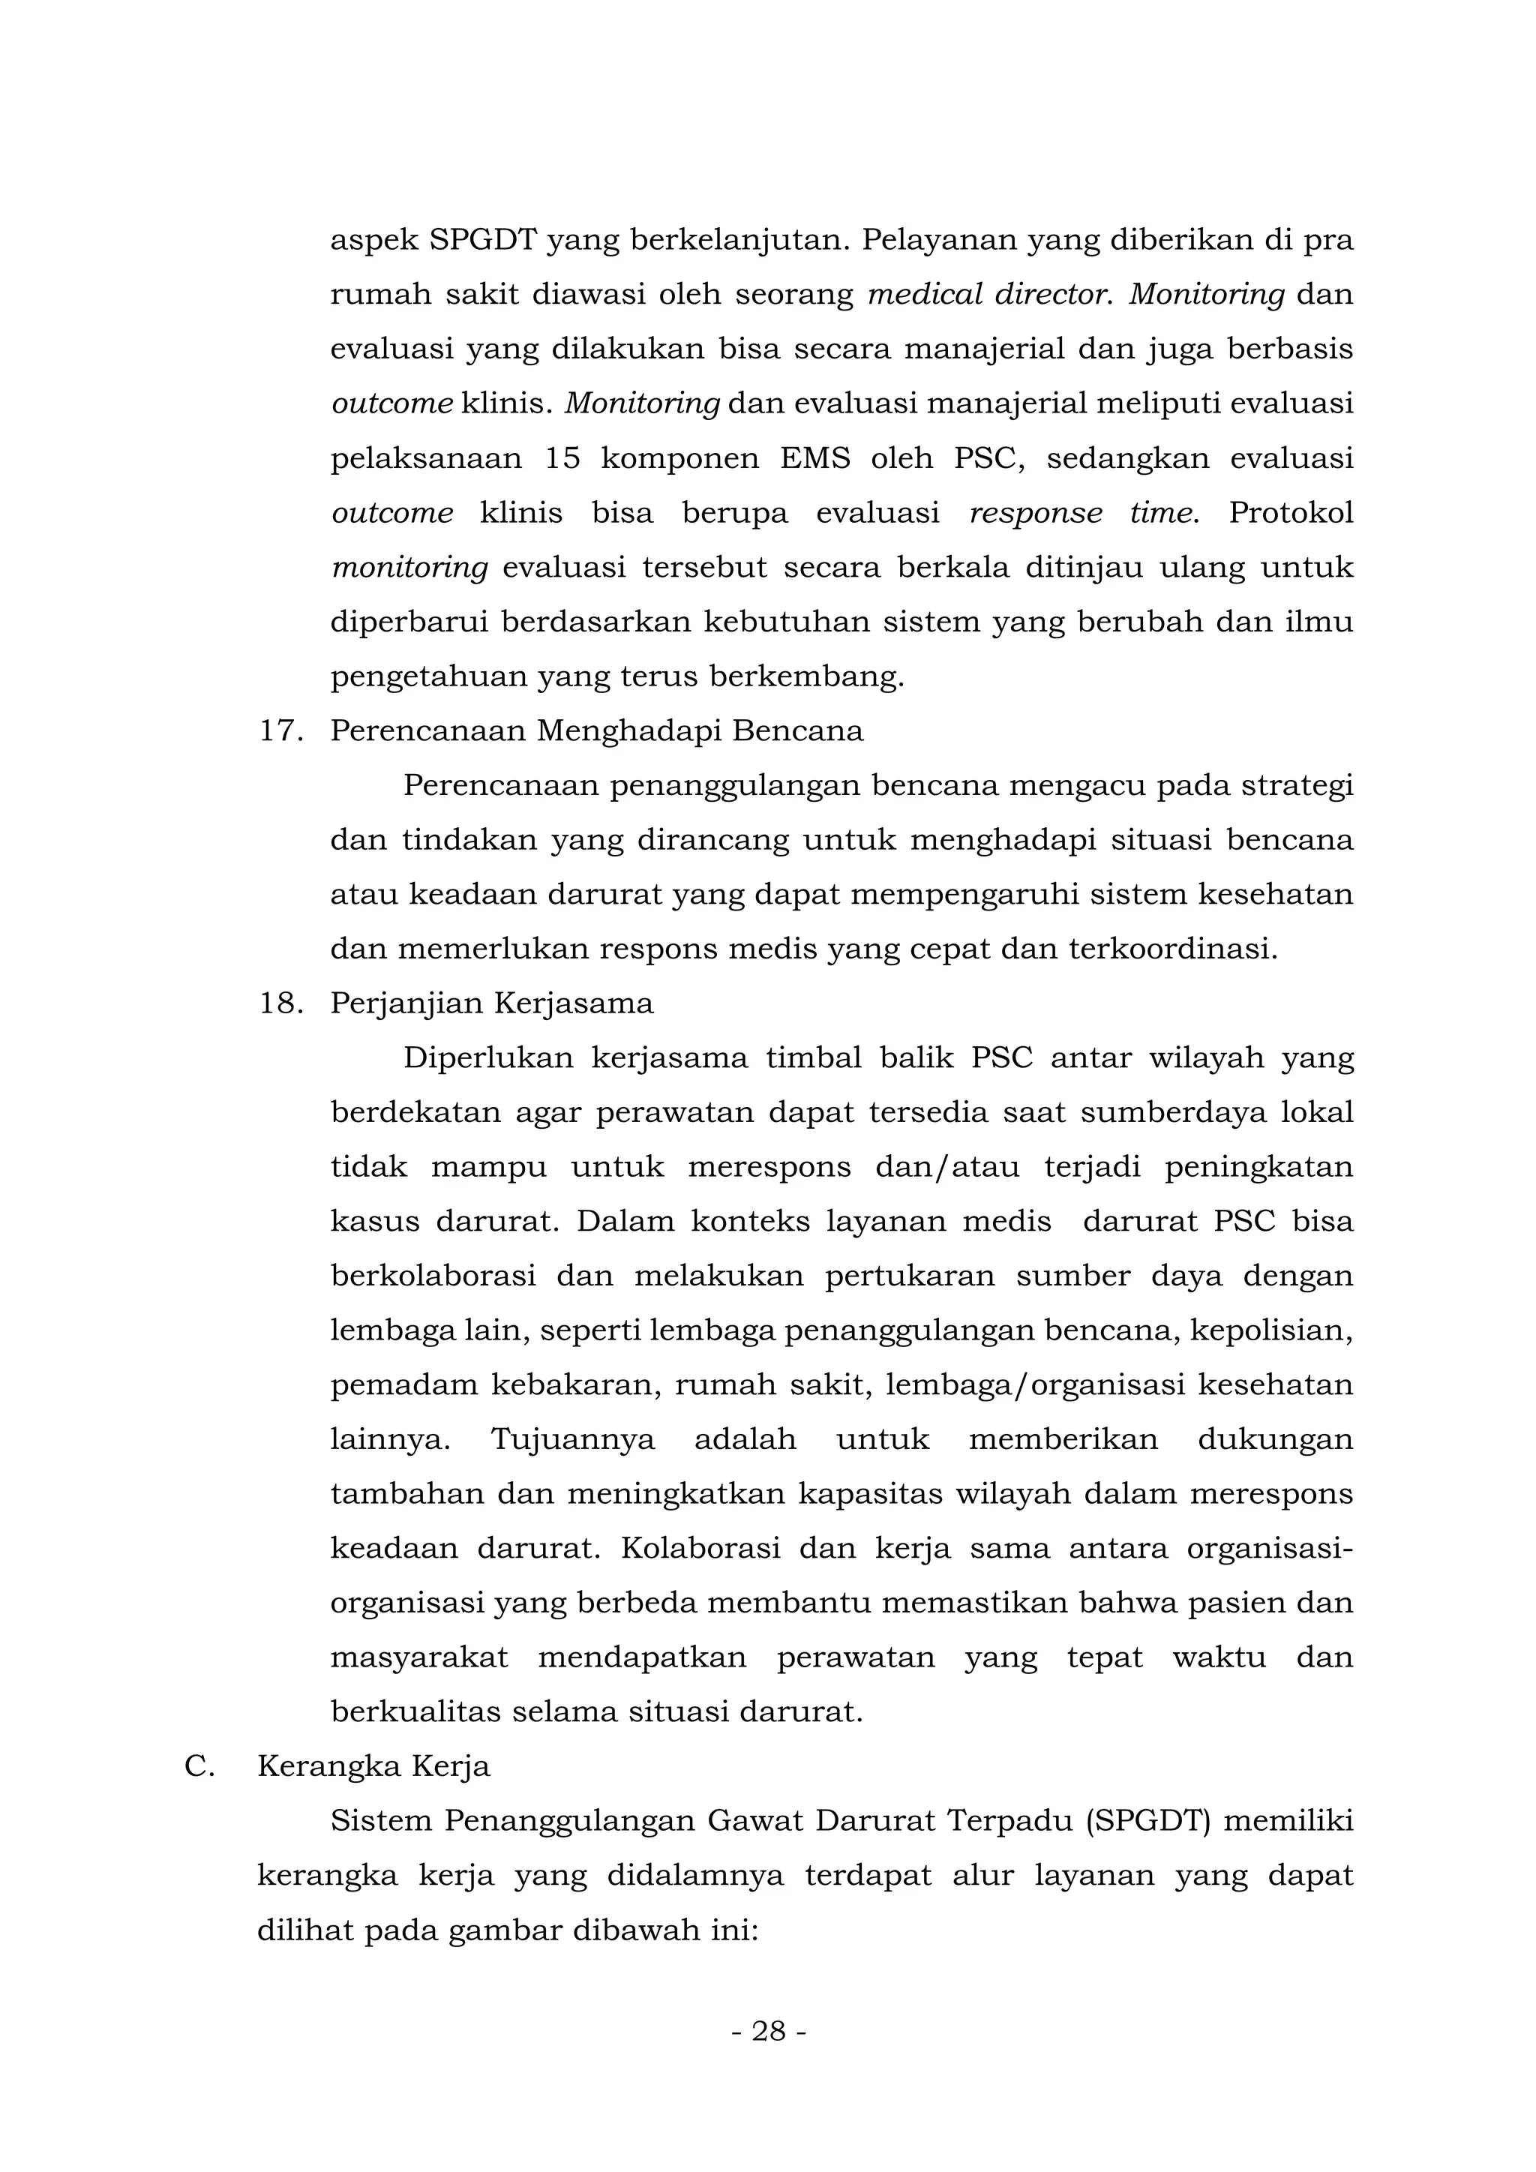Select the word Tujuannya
point(572,1440)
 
